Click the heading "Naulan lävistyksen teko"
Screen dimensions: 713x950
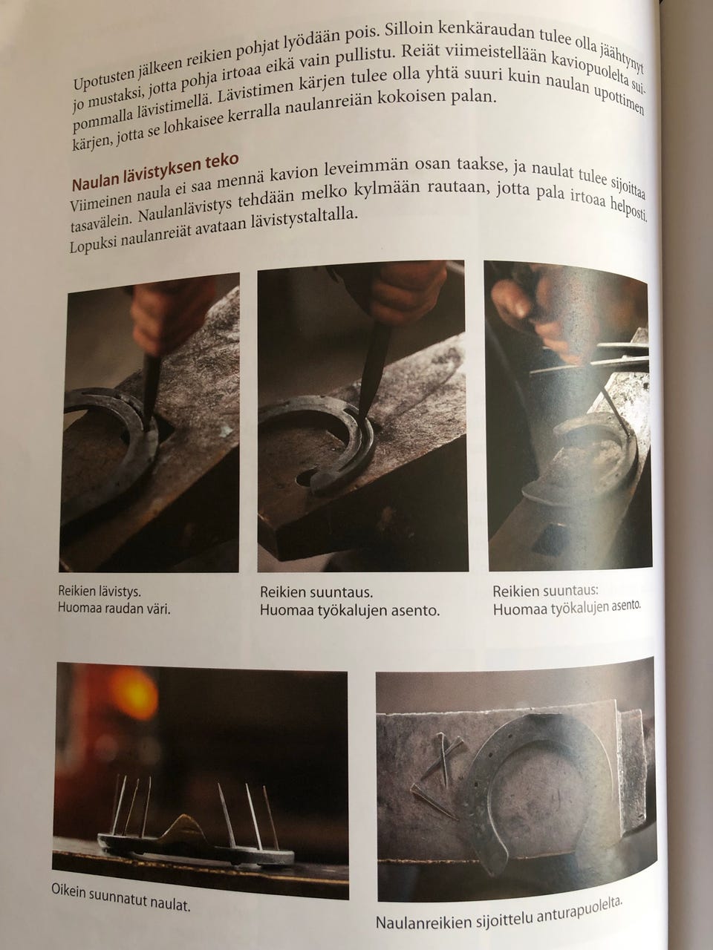(x=155, y=172)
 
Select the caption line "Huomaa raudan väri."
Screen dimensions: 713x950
(x=114, y=609)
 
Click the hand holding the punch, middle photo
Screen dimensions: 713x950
(x=404, y=295)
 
